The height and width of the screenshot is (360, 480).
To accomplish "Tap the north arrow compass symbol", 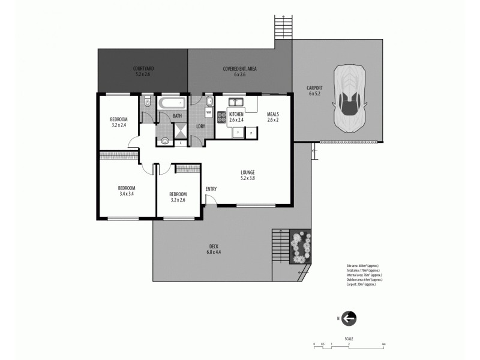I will (349, 319).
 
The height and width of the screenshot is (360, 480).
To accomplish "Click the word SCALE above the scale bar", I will (349, 338).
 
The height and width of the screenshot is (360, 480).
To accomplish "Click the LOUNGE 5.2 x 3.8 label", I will (247, 175).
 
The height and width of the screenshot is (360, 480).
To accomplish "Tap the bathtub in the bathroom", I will (173, 103).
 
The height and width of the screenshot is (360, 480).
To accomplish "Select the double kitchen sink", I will (235, 101).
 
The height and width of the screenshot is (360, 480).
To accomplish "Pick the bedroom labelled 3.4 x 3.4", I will (127, 191).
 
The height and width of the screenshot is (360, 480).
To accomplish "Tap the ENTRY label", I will (211, 190).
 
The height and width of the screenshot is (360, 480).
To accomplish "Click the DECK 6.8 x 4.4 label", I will (214, 249).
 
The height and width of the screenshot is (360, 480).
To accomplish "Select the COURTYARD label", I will (143, 72).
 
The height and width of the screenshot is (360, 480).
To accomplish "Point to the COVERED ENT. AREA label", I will (240, 72).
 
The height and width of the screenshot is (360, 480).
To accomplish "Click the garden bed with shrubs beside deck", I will (299, 246).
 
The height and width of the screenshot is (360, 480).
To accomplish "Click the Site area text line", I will (362, 265).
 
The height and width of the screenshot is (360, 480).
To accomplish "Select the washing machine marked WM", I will (209, 112).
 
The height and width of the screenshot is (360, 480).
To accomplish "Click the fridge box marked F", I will (238, 131).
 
